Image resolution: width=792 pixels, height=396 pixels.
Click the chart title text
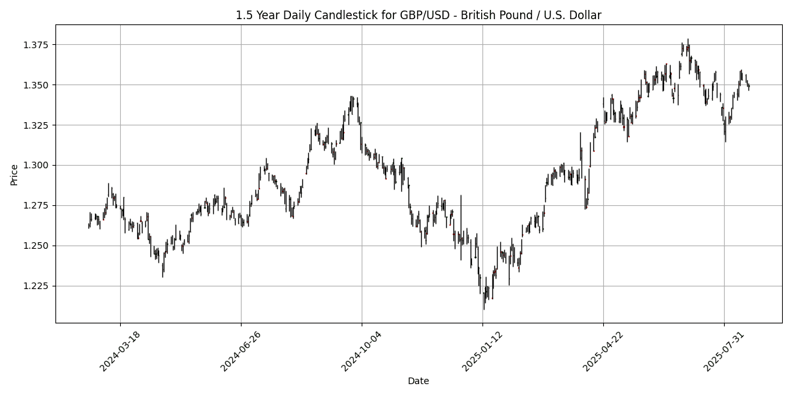(418, 15)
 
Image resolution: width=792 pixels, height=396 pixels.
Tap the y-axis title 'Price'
(15, 174)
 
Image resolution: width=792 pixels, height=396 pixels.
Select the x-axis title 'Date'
(418, 381)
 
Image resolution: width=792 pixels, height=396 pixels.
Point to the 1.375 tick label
(38, 45)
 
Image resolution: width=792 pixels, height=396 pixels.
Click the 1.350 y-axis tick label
(38, 85)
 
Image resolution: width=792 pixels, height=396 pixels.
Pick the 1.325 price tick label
(38, 125)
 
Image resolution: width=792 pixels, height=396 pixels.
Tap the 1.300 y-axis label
(38, 165)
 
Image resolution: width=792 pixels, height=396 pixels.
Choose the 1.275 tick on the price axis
(38, 205)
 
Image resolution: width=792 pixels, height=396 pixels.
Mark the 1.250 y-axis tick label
(38, 246)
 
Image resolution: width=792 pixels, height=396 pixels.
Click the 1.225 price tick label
(38, 286)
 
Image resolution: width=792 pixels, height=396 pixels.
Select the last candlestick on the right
(749, 86)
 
